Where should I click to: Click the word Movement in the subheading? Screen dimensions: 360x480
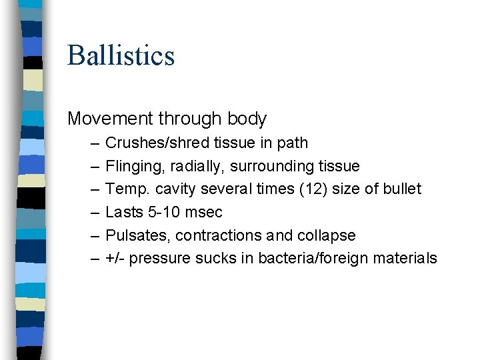pyautogui.click(x=111, y=119)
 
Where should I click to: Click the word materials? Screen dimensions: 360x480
pyautogui.click(x=407, y=259)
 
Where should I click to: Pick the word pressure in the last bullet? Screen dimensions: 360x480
pyautogui.click(x=159, y=259)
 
